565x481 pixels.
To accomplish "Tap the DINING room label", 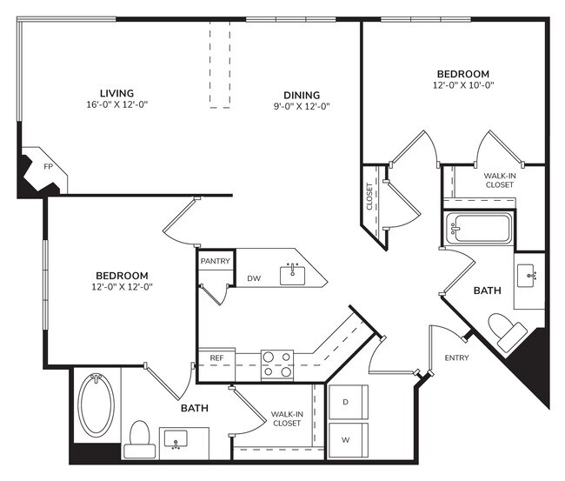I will coord(302,95).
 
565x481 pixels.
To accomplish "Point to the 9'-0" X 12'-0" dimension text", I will coord(302,106).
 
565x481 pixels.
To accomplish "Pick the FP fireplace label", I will coord(37,164).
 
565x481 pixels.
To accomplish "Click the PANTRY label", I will coord(215,261).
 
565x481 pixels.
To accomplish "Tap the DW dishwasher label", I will coord(254,278).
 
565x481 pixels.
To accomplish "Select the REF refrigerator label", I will coord(216,357).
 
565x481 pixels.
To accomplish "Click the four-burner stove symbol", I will coord(277,364).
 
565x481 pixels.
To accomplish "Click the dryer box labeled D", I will coord(347,402).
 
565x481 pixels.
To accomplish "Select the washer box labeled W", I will coord(347,440).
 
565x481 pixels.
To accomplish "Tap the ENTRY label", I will coord(456,357).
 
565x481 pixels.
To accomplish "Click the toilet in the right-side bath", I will coord(507,331).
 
